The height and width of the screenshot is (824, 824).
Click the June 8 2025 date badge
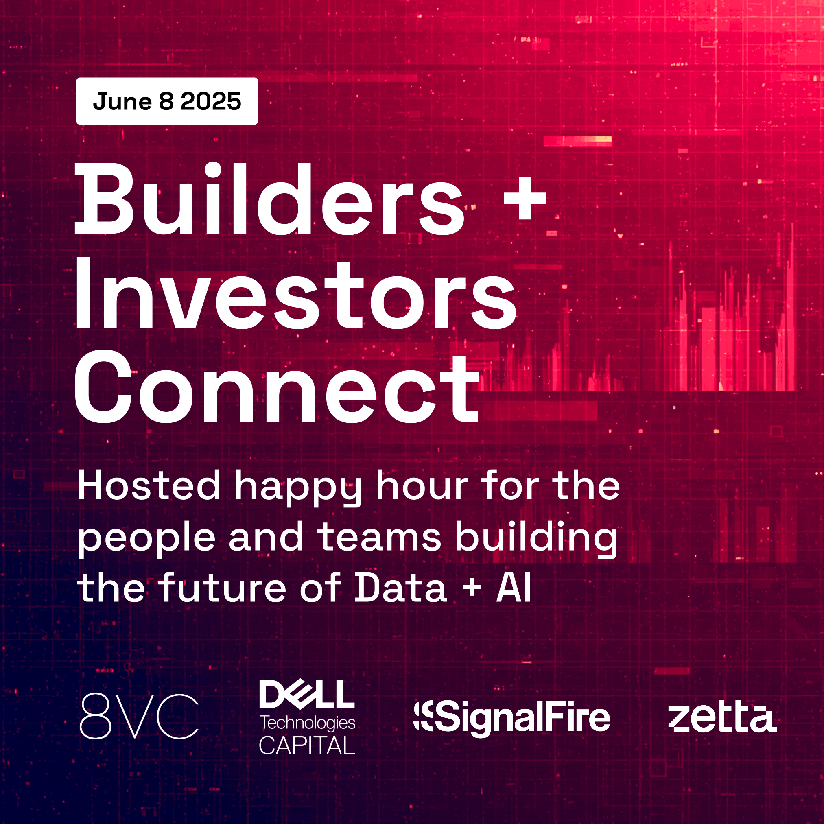167,101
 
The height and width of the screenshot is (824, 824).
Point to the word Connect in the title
277,387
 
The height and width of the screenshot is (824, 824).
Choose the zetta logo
722,717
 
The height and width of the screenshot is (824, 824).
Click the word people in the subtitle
147,540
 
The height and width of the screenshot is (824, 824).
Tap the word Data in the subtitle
401,588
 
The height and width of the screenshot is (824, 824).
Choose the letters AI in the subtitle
514,588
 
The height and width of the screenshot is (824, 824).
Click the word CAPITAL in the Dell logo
307,745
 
